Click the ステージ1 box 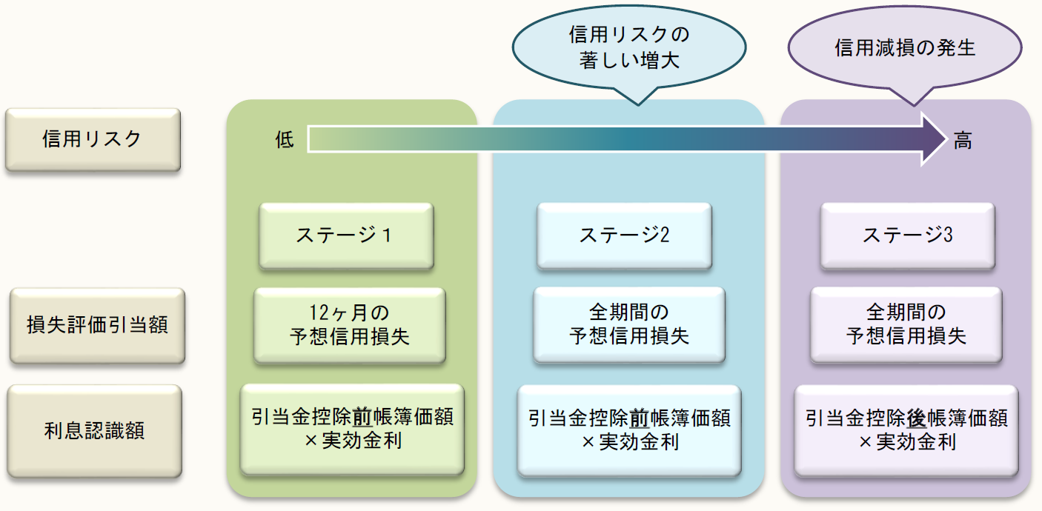[346, 236]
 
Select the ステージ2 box [624, 236]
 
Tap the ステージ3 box [907, 236]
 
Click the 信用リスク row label [93, 139]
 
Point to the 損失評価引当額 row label [97, 325]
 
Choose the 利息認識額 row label [95, 430]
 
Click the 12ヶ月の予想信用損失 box [349, 325]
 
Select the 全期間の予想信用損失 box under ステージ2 [629, 325]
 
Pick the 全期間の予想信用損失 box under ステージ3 [906, 325]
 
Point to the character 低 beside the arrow [285, 139]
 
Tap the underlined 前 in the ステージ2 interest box [640, 418]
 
